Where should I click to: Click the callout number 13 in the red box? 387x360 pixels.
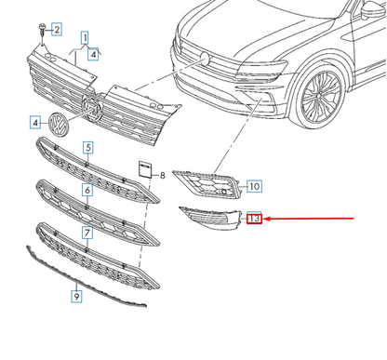coord(255,219)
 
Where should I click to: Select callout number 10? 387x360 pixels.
coord(254,187)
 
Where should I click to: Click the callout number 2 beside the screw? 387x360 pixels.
coord(56,30)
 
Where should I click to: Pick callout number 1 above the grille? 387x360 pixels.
coord(86,39)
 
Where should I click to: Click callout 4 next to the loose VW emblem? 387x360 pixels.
coord(34,122)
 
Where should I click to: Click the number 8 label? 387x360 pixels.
coord(161,175)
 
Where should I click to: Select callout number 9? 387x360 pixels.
coord(76,297)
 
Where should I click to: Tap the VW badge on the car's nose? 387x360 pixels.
coord(202,58)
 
